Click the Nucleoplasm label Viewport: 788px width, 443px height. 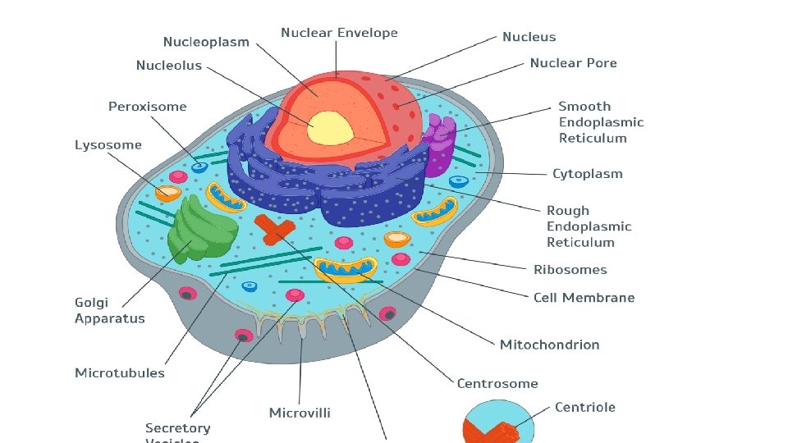click(206, 42)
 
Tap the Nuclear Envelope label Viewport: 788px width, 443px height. click(339, 33)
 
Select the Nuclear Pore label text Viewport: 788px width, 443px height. click(573, 63)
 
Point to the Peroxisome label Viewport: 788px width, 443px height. click(148, 107)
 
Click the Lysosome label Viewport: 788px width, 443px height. click(108, 145)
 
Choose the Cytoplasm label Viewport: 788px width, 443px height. click(587, 174)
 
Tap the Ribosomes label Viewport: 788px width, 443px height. click(570, 270)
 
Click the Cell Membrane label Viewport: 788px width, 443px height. click(584, 298)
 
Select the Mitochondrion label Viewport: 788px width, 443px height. click(549, 345)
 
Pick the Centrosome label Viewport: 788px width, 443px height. click(497, 383)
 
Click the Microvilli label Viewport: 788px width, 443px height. click(300, 412)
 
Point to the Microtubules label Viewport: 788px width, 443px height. click(120, 373)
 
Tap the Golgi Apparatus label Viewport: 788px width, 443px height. click(109, 311)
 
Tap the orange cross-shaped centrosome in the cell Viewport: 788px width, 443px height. click(273, 229)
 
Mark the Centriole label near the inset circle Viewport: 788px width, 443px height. click(584, 408)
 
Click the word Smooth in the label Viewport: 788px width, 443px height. click(584, 107)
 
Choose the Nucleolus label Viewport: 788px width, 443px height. click(168, 66)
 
